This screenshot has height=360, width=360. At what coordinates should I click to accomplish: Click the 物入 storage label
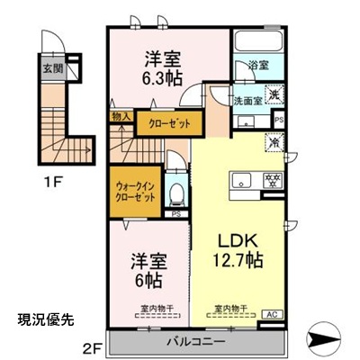[121, 116]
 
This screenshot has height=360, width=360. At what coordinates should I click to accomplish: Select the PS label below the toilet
[176, 215]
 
